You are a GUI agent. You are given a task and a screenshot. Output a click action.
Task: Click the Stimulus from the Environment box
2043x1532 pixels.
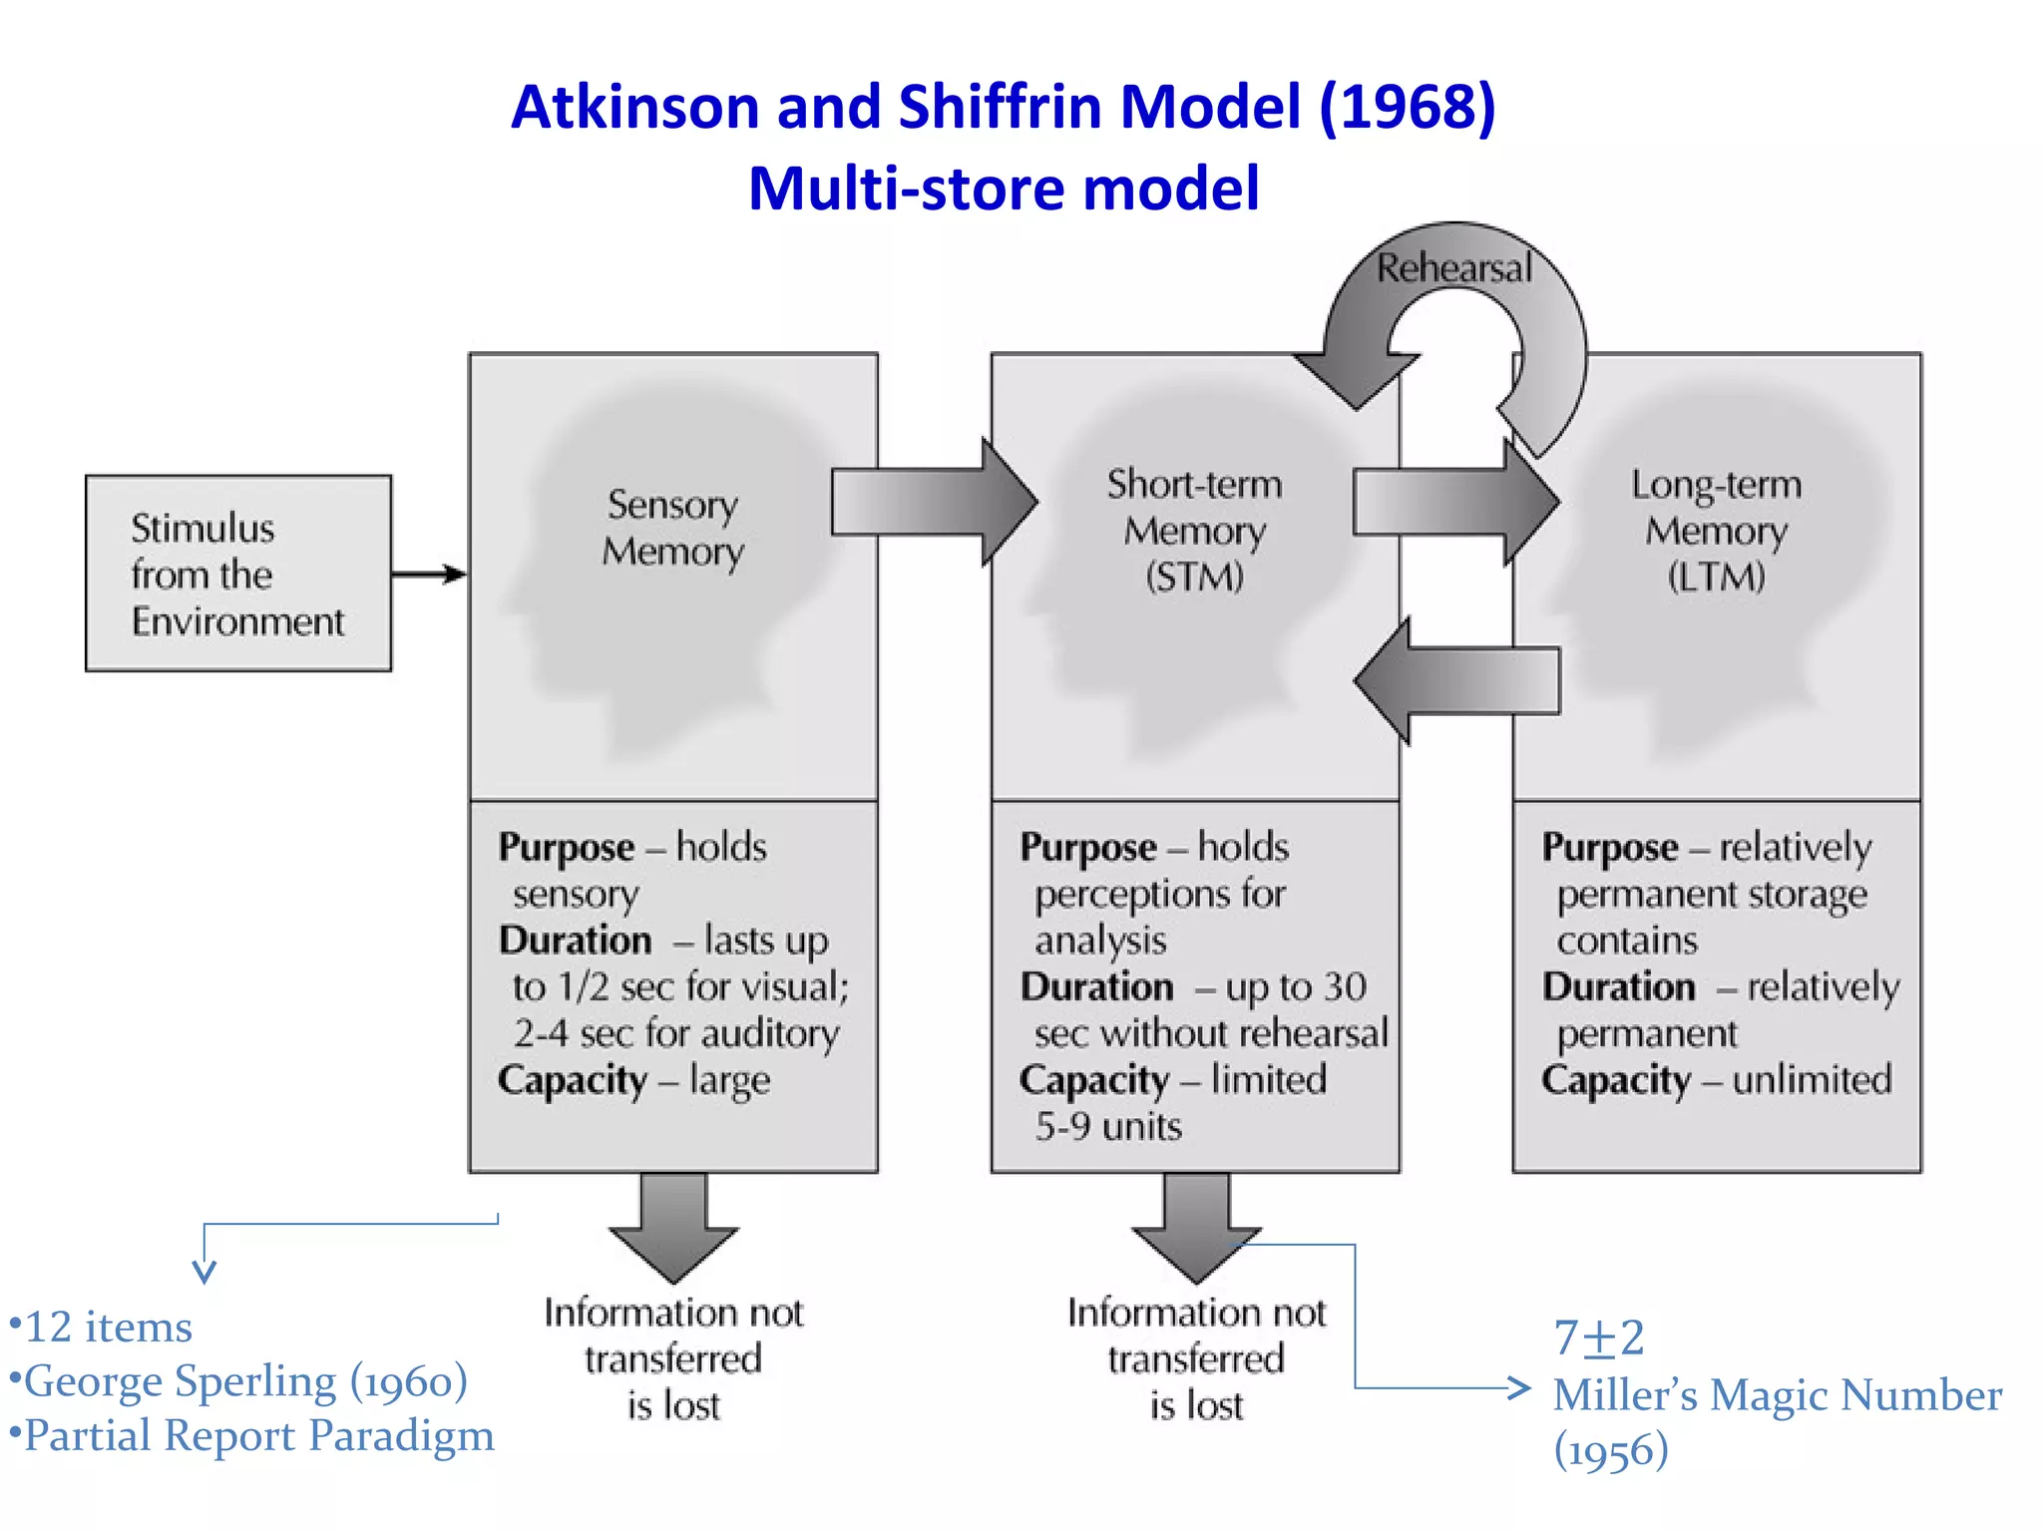coord(237,574)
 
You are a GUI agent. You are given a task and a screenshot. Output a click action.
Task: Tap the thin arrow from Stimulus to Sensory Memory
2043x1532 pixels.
coord(429,574)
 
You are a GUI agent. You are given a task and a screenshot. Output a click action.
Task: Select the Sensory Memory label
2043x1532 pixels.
coord(673,528)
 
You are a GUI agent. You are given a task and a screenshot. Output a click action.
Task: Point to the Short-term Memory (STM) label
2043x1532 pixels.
coord(1195,530)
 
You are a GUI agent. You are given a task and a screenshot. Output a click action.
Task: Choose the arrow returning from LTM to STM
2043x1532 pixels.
coord(1456,681)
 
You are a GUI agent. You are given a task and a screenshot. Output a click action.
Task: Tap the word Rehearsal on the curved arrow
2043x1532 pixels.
coord(1453,268)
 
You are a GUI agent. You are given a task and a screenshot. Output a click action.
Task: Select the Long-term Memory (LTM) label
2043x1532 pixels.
coord(1716,530)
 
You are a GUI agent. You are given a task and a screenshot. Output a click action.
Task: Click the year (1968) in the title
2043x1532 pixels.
coord(1407,106)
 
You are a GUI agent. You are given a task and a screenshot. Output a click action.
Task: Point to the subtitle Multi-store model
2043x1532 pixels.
coord(1004,188)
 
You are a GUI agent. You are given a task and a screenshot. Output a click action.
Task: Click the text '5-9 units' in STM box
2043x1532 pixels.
coord(1108,1126)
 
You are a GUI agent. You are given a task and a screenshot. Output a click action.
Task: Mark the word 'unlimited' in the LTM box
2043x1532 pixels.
coord(1812,1079)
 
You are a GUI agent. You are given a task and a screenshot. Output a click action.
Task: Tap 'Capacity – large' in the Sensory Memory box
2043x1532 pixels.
coord(634,1079)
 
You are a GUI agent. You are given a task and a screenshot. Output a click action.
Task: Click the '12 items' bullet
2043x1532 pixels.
coord(102,1327)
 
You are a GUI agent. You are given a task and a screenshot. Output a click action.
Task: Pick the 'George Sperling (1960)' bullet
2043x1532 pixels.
coord(239,1381)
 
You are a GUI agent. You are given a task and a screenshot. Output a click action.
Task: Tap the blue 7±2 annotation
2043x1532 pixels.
coord(1599,1338)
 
